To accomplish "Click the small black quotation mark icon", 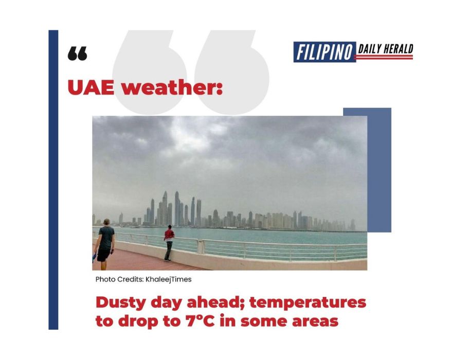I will click(x=77, y=53).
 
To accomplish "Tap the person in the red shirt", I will click(x=169, y=243).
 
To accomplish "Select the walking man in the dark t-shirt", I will click(x=105, y=242).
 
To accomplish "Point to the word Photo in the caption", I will click(x=104, y=279).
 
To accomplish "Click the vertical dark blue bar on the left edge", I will click(x=53, y=180).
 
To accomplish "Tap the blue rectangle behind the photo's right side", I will click(x=380, y=170).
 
